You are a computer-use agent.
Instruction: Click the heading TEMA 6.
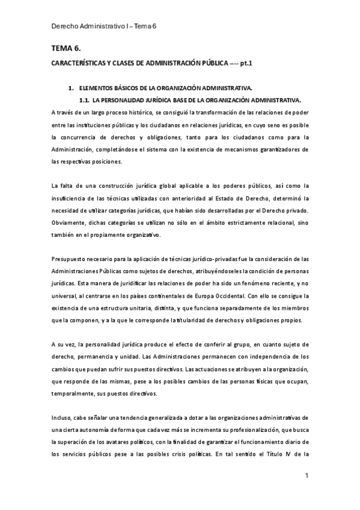(64, 48)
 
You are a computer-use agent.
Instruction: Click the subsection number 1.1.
(85, 100)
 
